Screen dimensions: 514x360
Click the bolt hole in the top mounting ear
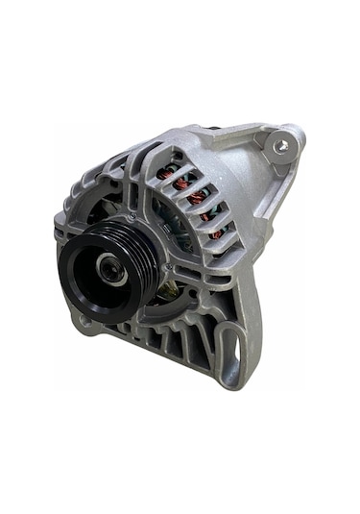pyautogui.click(x=279, y=146)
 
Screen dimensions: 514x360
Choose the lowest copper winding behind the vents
pyautogui.click(x=217, y=232)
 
